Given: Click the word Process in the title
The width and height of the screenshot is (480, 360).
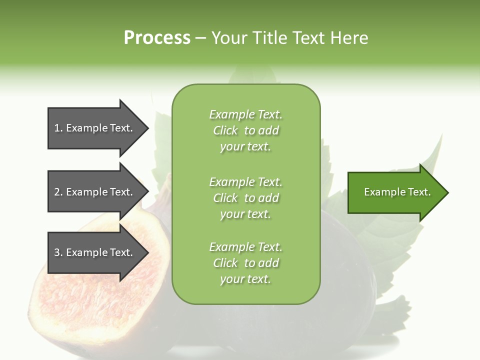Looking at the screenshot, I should (x=157, y=38).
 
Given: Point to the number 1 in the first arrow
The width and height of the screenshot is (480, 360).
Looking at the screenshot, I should (x=57, y=128).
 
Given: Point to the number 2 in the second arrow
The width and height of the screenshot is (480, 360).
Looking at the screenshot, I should (x=57, y=192).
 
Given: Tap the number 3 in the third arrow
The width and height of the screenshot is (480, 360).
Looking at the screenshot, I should (x=57, y=252).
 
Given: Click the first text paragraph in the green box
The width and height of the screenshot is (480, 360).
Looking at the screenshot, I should (x=245, y=130).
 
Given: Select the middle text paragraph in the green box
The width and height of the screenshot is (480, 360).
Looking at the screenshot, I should (x=245, y=198).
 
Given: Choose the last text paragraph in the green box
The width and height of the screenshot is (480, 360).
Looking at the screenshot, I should (x=245, y=263).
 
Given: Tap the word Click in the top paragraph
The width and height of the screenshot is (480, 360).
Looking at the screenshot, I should (x=225, y=130).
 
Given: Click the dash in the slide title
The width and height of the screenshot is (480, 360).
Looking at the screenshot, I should (x=201, y=38).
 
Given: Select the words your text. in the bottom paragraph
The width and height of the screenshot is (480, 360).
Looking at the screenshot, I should (x=245, y=279).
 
